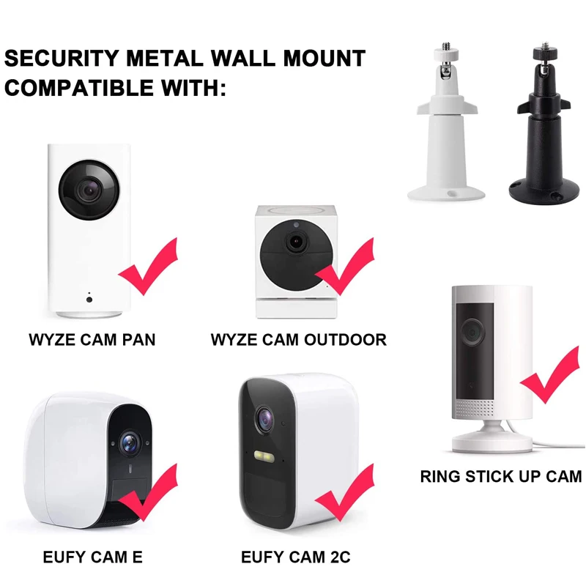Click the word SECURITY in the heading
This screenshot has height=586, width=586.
pos(62,59)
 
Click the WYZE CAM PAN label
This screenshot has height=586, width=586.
pos(92,340)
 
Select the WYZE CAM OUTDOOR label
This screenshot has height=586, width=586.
pos(299,340)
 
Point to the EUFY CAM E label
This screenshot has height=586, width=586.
pos(93,557)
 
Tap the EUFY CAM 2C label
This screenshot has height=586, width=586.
pos(296,557)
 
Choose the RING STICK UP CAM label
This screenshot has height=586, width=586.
pos(501,477)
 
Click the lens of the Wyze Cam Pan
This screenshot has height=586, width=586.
pos(89,190)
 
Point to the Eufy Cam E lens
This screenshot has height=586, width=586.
pos(130,443)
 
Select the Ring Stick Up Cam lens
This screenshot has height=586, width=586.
pos(472,332)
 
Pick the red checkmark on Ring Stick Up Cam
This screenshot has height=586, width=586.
pos(550,374)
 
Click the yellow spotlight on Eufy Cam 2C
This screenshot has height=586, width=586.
pos(264,456)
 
